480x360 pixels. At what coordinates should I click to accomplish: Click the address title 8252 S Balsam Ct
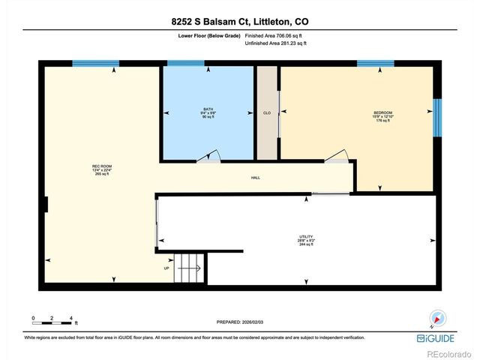coord(239,22)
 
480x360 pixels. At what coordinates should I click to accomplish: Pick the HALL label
coord(256,178)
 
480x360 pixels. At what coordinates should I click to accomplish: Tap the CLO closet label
coord(266,113)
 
